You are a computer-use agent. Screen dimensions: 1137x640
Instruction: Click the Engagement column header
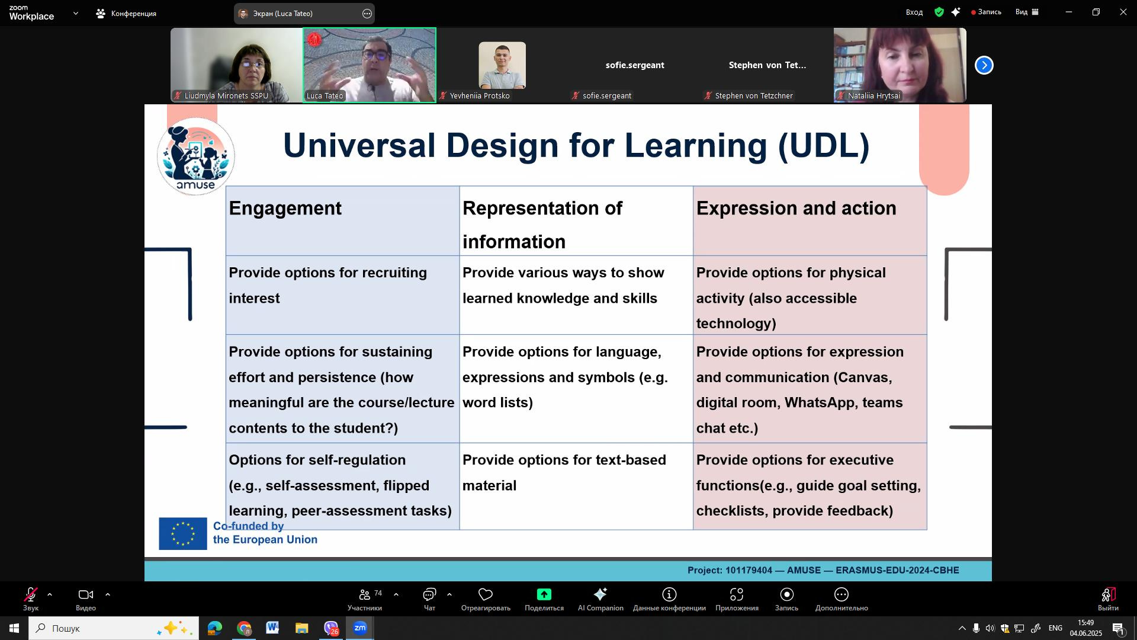tap(342, 221)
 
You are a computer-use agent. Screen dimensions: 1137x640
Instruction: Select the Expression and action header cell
tap(810, 221)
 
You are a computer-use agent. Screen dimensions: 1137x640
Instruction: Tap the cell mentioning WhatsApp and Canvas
tap(810, 389)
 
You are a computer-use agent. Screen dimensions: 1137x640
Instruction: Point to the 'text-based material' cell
tap(576, 487)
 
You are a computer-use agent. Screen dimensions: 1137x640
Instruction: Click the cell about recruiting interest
tap(342, 296)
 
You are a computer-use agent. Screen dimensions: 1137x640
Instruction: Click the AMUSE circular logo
tap(196, 156)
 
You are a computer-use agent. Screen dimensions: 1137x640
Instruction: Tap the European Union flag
tap(183, 534)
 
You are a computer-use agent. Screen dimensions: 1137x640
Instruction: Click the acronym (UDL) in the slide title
tap(824, 146)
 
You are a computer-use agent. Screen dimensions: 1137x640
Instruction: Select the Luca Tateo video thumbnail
tap(370, 65)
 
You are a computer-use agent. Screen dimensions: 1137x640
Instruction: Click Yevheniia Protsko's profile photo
tap(502, 65)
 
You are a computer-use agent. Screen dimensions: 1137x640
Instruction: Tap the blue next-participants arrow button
tap(984, 65)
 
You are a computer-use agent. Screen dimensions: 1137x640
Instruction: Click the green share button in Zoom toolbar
tap(544, 594)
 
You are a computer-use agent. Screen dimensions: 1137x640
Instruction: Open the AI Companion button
tap(600, 599)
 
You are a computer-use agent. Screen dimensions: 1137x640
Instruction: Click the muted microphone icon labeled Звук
tap(31, 594)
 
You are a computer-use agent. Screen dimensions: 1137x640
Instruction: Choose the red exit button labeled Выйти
tap(1108, 599)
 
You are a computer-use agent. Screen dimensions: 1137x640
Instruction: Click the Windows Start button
tap(14, 628)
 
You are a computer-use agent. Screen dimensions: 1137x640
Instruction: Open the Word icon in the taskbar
tap(272, 628)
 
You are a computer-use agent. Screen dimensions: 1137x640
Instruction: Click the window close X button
tap(1123, 12)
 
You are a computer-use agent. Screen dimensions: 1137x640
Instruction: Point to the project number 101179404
tap(749, 571)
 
